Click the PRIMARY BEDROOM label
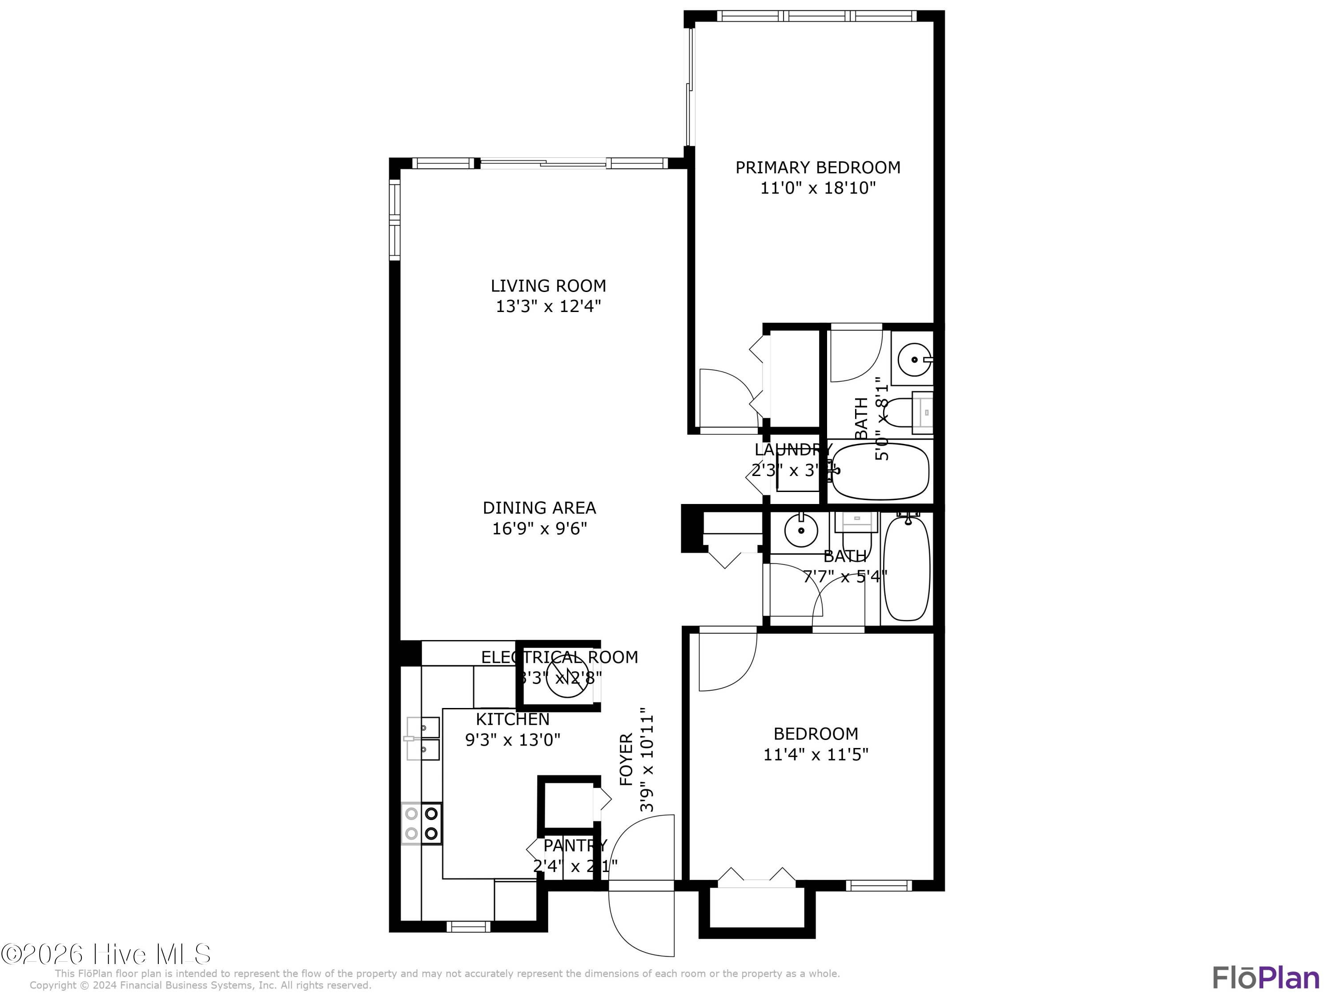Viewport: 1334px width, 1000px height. [x=817, y=168]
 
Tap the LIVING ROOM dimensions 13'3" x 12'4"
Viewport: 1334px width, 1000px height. [x=548, y=307]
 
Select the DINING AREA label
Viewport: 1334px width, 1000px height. [x=539, y=508]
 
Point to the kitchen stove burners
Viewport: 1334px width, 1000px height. [x=422, y=824]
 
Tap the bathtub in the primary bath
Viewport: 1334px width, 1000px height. [x=880, y=472]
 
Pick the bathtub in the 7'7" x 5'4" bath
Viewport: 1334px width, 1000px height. [x=906, y=568]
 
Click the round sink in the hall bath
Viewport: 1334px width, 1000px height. [x=801, y=530]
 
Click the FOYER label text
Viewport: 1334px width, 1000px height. [x=627, y=759]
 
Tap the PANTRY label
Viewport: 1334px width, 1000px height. [x=575, y=846]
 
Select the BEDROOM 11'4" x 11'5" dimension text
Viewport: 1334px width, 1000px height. [x=816, y=755]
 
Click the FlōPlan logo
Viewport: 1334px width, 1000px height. [x=1265, y=978]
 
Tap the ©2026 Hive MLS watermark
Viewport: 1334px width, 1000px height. [x=106, y=954]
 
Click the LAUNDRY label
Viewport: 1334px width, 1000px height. [x=793, y=450]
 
